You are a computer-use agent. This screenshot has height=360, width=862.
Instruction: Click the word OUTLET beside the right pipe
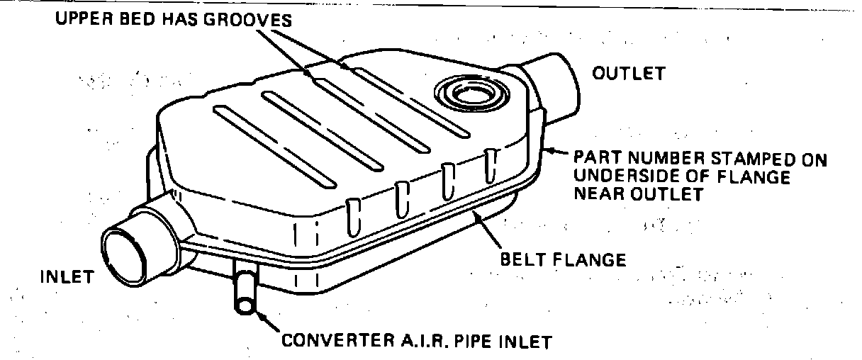pos(629,73)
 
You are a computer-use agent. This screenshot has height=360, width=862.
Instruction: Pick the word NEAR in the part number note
pos(602,193)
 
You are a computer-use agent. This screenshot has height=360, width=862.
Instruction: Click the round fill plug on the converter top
pos(462,92)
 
